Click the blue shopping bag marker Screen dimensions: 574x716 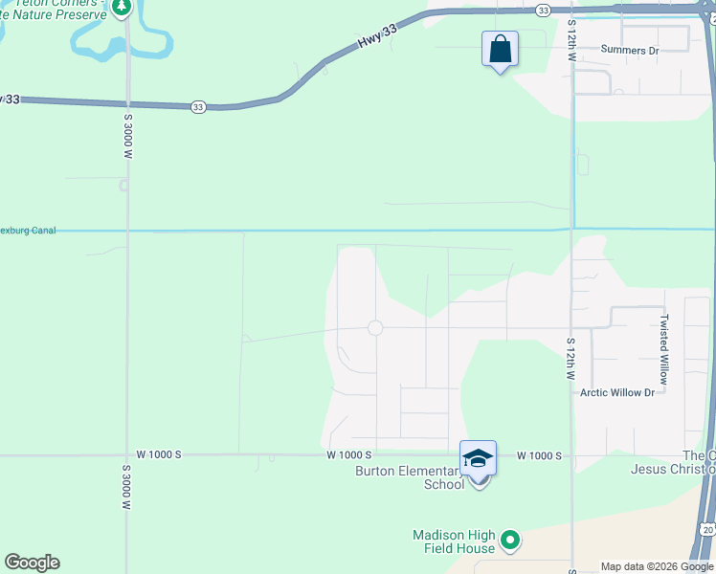tap(500, 49)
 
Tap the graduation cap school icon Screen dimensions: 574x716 tap(478, 459)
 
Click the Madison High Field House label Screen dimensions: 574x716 tap(455, 541)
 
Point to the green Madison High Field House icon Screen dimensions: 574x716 tap(510, 541)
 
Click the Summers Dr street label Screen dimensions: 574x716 tap(630, 50)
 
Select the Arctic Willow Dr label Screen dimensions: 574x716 tap(617, 393)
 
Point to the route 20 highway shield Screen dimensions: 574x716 tap(706, 529)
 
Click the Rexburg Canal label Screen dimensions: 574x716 tap(28, 231)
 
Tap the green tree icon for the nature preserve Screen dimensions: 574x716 tap(122, 8)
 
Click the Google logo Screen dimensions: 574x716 tap(32, 563)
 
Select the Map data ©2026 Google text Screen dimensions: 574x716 tap(657, 567)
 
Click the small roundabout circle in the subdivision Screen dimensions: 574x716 tap(375, 328)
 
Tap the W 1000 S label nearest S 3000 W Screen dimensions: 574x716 tap(159, 454)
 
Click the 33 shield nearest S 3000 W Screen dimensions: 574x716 tap(198, 106)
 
